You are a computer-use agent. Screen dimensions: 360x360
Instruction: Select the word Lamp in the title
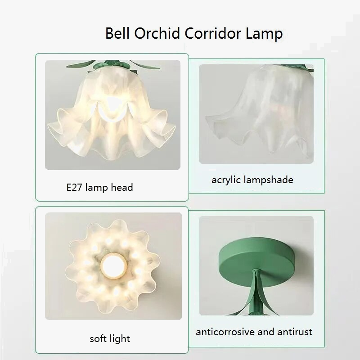coord(264,34)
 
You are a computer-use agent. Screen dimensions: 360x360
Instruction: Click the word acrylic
coord(226,180)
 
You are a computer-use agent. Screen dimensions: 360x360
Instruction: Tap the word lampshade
coord(268,180)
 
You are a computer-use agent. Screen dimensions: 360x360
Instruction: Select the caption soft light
coord(110,338)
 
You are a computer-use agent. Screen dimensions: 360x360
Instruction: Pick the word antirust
coord(294,332)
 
